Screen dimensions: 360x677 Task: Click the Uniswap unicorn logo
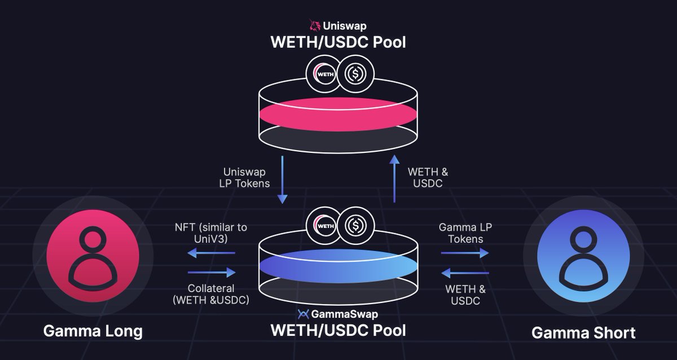click(314, 25)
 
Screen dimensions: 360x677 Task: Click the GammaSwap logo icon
click(302, 314)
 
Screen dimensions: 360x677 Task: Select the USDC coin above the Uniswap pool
click(355, 74)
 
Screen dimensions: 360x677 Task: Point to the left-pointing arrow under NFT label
click(211, 254)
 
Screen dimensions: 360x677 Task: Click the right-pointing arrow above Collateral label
click(211, 273)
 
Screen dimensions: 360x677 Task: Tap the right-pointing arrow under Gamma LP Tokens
click(464, 254)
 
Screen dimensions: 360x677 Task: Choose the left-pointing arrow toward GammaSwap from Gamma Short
click(464, 274)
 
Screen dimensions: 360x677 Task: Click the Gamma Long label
click(93, 331)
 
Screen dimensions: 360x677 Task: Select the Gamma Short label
click(583, 332)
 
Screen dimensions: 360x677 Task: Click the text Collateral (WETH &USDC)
click(211, 294)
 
